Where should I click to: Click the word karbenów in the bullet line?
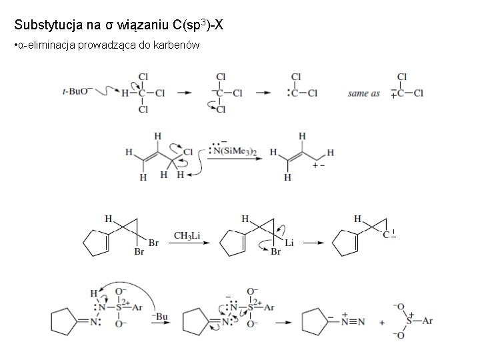179,45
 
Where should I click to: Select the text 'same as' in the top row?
363,93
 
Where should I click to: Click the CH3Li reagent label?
187,235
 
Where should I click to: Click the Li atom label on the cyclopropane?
289,243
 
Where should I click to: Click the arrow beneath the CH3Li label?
187,245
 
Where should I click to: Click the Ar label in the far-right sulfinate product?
427,321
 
